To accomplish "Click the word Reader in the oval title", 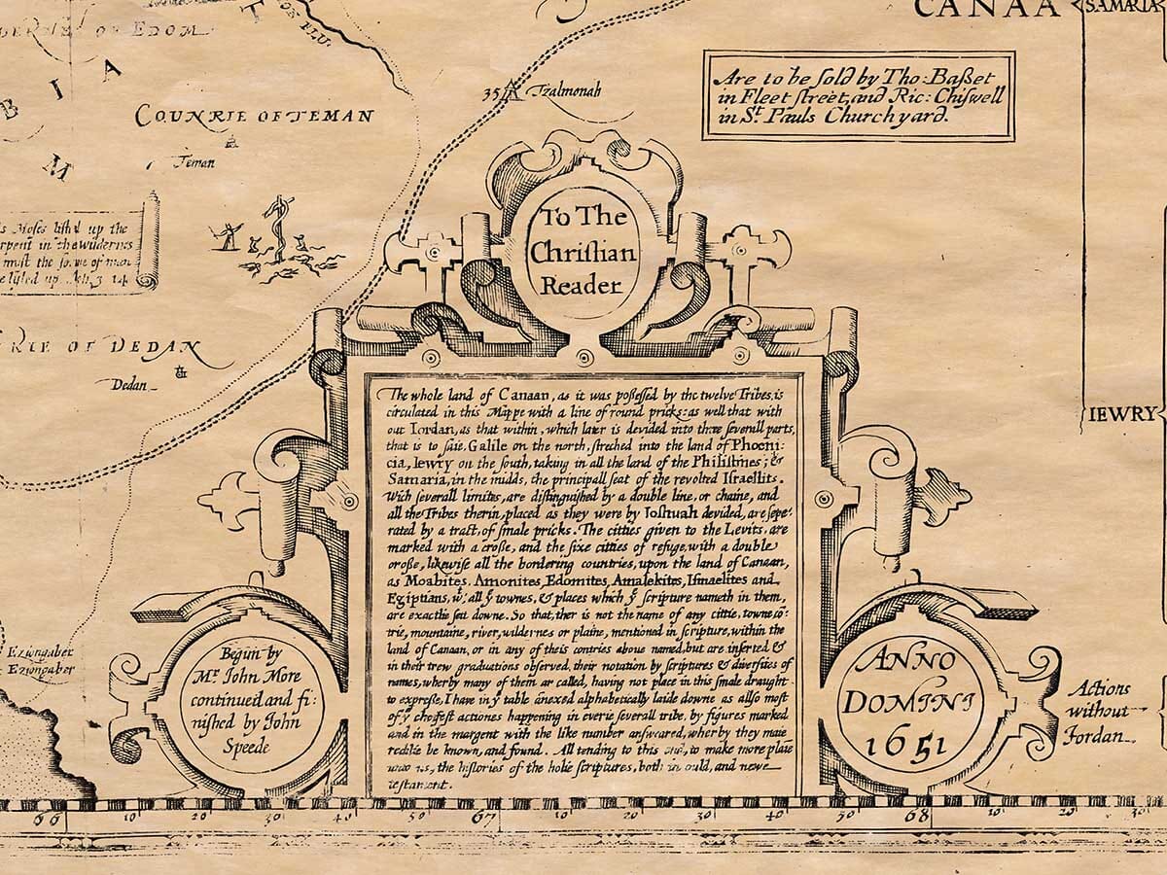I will click(581, 286).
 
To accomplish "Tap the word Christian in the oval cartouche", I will click(582, 253).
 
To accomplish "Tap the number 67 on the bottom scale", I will click(483, 816).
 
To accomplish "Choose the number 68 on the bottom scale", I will click(917, 815).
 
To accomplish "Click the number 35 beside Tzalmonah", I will click(491, 93).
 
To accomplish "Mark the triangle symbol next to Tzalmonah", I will click(513, 90).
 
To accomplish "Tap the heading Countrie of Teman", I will click(254, 117).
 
